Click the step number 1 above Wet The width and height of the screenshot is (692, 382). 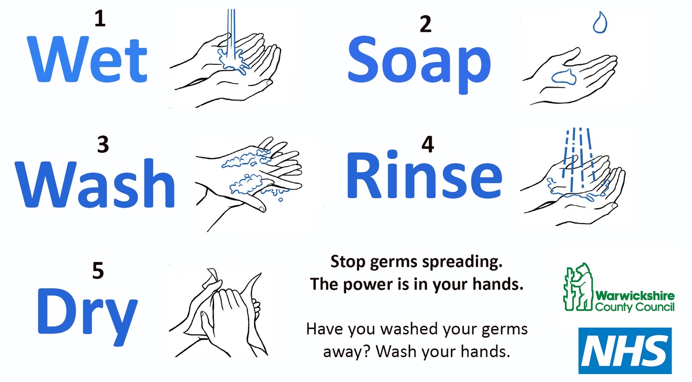[100, 18]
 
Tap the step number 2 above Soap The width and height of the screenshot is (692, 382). [425, 24]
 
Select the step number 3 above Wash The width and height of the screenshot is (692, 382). [103, 144]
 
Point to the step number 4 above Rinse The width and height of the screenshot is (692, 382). [427, 144]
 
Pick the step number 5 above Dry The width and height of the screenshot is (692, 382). [98, 271]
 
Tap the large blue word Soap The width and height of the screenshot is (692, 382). [419, 64]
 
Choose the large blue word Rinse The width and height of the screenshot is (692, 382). [424, 175]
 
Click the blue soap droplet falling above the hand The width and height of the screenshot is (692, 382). [600, 22]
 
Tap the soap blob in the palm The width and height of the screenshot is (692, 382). [564, 77]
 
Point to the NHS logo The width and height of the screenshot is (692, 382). [625, 351]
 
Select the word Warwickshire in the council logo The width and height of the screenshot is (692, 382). [635, 296]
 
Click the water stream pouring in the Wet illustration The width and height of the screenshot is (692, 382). [231, 34]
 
